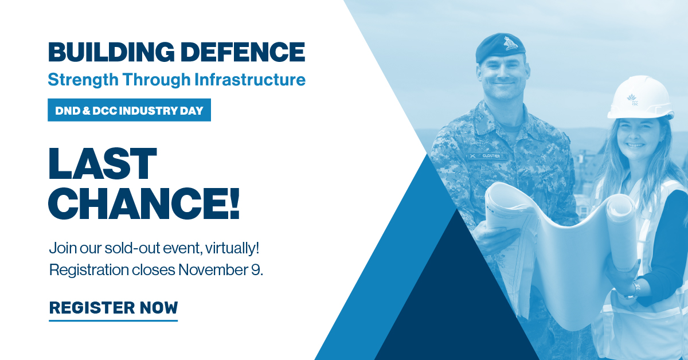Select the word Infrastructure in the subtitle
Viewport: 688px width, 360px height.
(x=250, y=79)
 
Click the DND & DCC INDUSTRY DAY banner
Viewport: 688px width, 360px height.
(x=129, y=110)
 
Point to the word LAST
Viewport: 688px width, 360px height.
(x=103, y=164)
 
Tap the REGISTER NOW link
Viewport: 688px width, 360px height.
(x=114, y=308)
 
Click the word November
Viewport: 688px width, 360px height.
(x=213, y=269)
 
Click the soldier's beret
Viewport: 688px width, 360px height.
(x=500, y=46)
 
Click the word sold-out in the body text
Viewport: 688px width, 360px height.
(x=120, y=249)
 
